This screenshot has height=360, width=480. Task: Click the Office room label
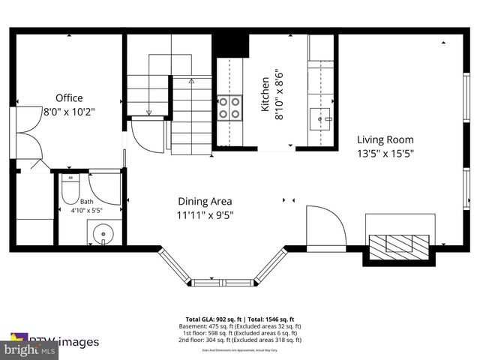[x=69, y=97]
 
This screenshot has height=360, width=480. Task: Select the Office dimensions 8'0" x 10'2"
[x=69, y=111]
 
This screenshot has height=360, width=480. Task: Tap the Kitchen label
[x=265, y=94]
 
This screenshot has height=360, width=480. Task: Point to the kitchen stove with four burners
[x=229, y=107]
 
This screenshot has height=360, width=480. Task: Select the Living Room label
[x=385, y=139]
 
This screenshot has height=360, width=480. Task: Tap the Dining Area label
[x=205, y=201]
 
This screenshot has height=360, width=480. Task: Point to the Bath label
[x=87, y=201]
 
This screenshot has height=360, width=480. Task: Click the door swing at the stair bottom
[x=145, y=135]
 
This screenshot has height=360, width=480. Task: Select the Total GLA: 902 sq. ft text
[x=212, y=319]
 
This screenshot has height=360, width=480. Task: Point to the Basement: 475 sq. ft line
[x=239, y=326]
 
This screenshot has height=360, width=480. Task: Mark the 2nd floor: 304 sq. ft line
[x=239, y=340]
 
